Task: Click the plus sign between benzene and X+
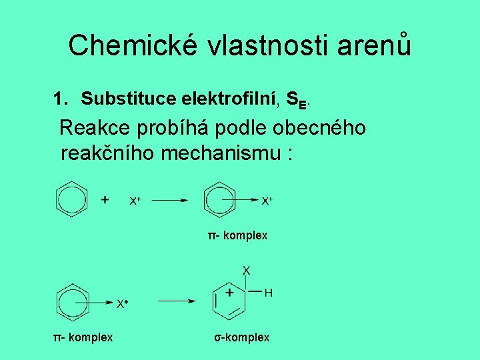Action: [x=105, y=199]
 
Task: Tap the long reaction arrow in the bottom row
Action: [x=176, y=301]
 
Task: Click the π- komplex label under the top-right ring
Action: [x=237, y=235]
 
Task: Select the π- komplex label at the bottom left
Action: [x=83, y=337]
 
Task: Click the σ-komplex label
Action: [x=242, y=337]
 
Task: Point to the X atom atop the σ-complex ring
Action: [x=247, y=270]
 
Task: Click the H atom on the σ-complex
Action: [x=269, y=293]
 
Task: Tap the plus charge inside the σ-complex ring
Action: [x=229, y=293]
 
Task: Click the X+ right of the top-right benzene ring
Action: [x=267, y=200]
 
